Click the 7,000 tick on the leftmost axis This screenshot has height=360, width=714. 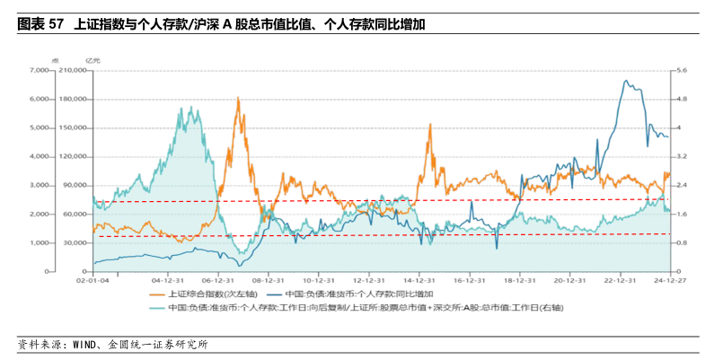39,70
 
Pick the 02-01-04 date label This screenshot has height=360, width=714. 93,279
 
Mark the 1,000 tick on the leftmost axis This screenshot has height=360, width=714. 39,243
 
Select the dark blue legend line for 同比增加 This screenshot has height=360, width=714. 272,294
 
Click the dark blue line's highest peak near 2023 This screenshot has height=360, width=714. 626,81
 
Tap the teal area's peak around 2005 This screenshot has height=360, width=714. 186,108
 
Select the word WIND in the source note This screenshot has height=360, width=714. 88,344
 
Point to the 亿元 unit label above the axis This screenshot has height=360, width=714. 93,59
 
